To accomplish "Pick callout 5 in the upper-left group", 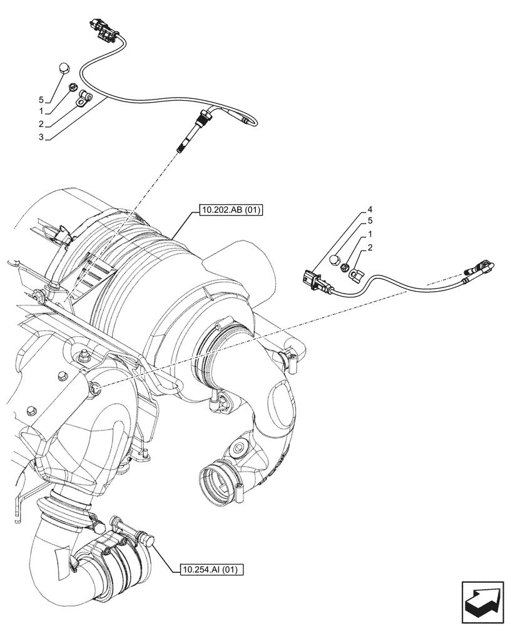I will coord(41,100).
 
